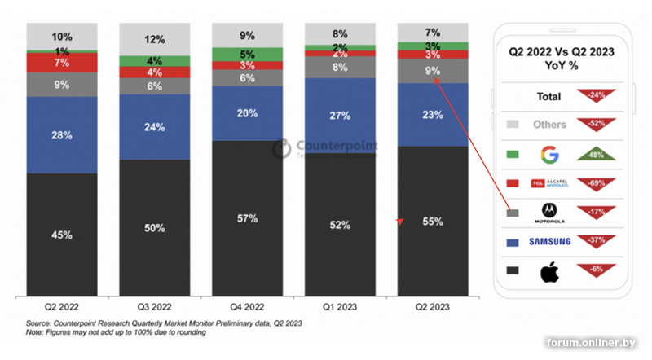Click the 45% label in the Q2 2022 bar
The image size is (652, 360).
[x=62, y=235]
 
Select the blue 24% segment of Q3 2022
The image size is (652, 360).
[x=155, y=127]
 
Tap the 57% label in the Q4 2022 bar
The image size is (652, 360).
[x=248, y=218]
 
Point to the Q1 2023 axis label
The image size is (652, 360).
[x=340, y=306]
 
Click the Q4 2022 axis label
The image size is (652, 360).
[x=248, y=306]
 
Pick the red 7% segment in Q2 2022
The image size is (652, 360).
[x=62, y=63]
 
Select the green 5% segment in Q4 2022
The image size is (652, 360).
[x=248, y=55]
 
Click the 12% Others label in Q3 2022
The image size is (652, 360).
[x=155, y=39]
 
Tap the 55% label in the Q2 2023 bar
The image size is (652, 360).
[x=433, y=222]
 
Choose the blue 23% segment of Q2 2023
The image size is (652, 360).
[x=433, y=115]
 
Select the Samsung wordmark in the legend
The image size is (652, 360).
[x=549, y=242]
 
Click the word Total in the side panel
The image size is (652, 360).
[x=548, y=97]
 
